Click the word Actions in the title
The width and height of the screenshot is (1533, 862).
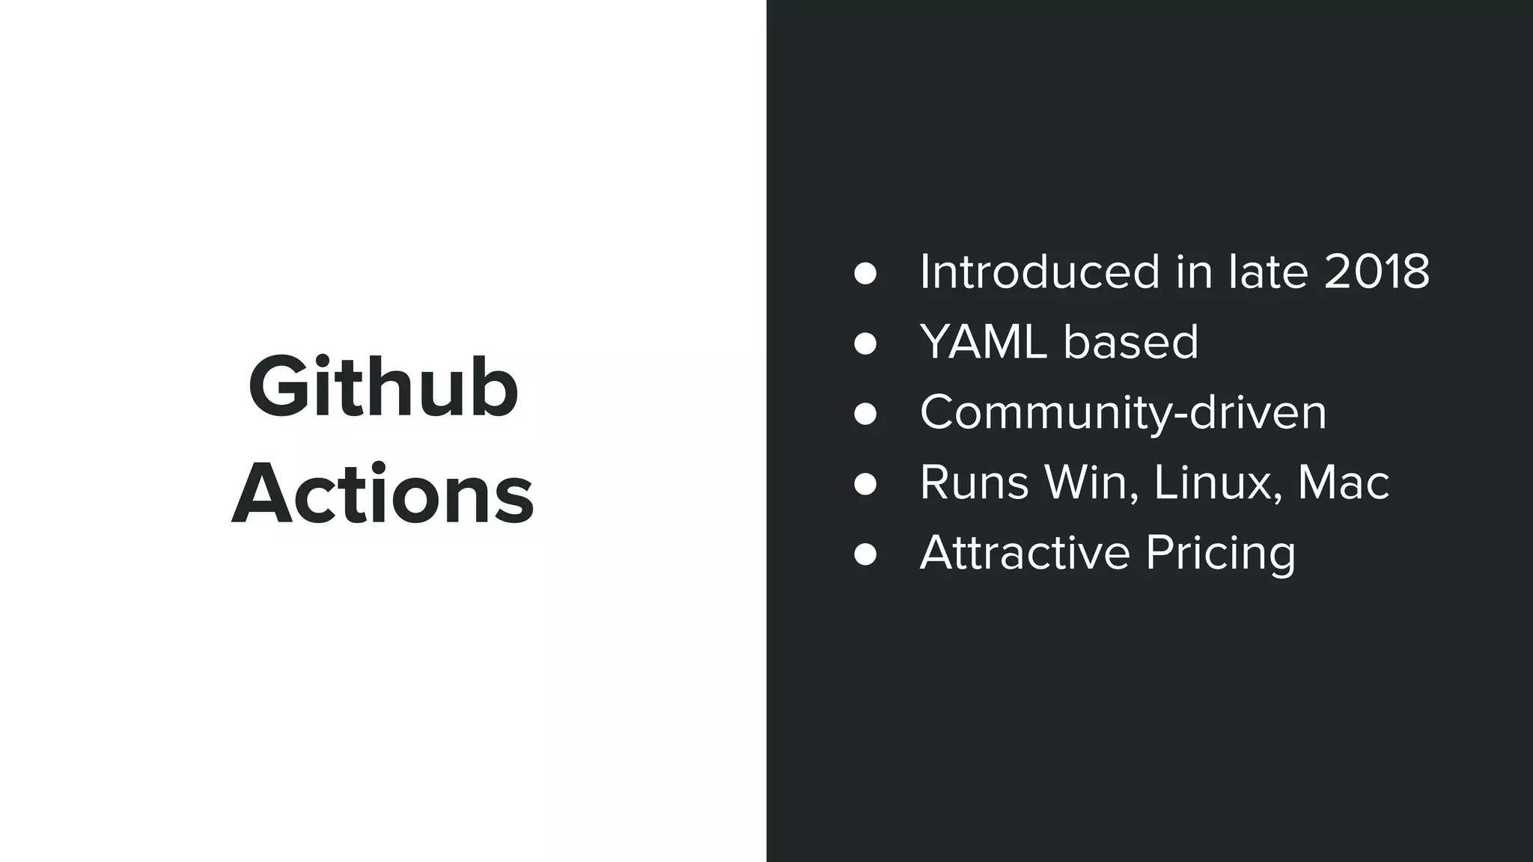[383, 495]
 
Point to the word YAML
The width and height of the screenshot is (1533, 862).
[983, 342]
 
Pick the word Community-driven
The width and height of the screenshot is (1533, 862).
[1123, 412]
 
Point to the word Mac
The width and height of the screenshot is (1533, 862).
[1343, 483]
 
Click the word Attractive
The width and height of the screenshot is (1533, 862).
[1025, 553]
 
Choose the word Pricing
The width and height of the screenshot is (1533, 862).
[1220, 554]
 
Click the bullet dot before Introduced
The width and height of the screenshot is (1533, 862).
[865, 273]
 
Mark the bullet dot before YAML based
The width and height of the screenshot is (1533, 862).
[865, 343]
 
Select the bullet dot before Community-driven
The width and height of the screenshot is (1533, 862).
[865, 414]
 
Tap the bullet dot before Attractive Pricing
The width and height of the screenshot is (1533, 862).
[865, 554]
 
